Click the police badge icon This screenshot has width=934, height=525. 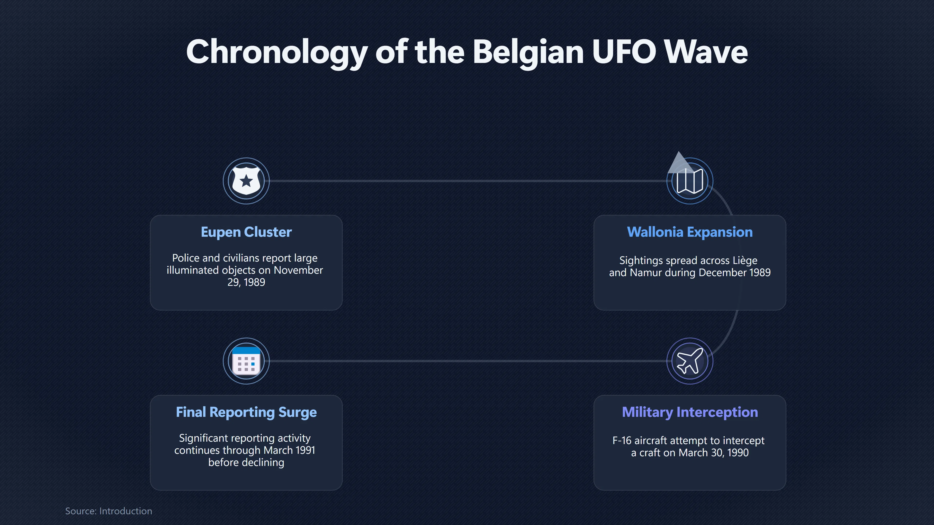click(246, 180)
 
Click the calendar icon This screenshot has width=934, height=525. click(246, 361)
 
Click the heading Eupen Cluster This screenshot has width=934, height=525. click(246, 232)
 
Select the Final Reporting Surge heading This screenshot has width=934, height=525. click(246, 412)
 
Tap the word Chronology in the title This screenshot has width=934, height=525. click(277, 52)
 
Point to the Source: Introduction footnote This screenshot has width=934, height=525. click(108, 511)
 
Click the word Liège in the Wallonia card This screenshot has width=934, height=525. click(745, 260)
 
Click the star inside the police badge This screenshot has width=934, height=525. click(246, 180)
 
